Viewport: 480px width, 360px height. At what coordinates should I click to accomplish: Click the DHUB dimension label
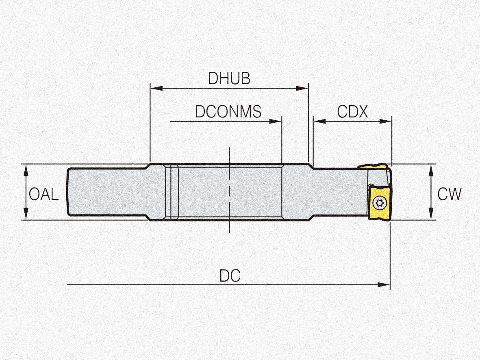(229, 78)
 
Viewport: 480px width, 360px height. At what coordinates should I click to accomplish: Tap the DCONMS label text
(228, 111)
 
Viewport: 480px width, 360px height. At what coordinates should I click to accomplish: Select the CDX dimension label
(352, 112)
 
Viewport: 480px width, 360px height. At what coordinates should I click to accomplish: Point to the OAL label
(43, 194)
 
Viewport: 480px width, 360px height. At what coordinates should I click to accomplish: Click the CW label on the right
(449, 194)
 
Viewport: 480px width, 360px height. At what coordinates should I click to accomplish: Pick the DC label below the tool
(230, 276)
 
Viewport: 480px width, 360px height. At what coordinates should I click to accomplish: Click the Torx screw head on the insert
(379, 203)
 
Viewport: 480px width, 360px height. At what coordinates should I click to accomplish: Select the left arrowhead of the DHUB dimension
(156, 88)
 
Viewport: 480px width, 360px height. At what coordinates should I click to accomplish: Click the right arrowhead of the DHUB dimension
(302, 88)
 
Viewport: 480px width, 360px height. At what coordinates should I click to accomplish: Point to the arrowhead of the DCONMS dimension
(275, 121)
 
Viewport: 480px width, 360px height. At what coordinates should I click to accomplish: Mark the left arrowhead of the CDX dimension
(319, 121)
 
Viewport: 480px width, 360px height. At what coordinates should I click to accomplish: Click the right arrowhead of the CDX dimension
(385, 121)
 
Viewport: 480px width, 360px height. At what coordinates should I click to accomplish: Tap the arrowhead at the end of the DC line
(384, 285)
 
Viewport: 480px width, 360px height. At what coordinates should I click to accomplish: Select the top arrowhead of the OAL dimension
(26, 170)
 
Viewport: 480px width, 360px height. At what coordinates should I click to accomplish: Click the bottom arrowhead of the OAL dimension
(26, 214)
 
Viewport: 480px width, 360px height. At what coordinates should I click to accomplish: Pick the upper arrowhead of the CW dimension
(431, 170)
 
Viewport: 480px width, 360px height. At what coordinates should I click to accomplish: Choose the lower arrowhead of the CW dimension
(431, 214)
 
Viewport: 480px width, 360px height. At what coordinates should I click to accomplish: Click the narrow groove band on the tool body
(172, 192)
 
